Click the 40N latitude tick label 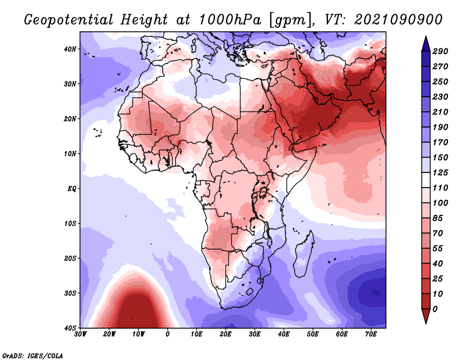70,49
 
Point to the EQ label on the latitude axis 72,189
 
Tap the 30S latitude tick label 70,294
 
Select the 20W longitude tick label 110,334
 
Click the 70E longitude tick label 371,334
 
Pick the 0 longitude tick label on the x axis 168,334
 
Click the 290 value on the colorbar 440,51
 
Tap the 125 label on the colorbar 440,172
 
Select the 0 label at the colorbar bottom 435,309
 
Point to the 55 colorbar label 438,249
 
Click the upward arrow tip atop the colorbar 426,37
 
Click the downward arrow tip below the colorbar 426,323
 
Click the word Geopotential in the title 68,20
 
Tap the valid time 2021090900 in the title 398,20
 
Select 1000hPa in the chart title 230,20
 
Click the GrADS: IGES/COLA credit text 33,355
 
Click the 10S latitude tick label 70,224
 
